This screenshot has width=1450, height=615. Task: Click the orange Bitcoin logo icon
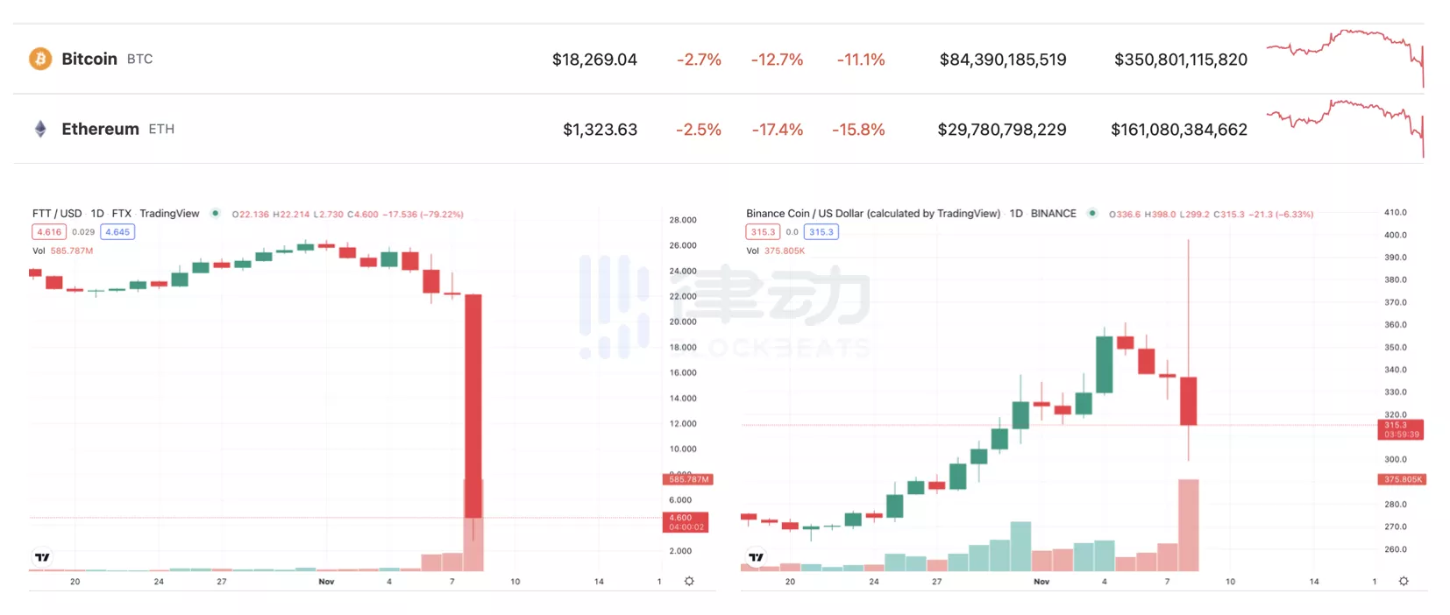point(40,59)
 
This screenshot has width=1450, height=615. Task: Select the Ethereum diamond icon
point(40,129)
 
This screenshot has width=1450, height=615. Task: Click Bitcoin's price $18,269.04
point(594,60)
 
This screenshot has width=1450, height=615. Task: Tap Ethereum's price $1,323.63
point(600,130)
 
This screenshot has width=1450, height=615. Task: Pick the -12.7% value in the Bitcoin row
point(777,60)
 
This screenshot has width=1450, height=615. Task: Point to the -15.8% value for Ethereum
point(858,130)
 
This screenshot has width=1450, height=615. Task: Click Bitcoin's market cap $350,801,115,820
point(1180,60)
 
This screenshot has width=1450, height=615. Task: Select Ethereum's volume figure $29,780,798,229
point(1001,130)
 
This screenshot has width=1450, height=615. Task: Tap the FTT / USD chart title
point(57,214)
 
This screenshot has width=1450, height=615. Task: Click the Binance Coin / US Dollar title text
point(872,214)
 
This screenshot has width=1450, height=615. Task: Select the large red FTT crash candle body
point(473,403)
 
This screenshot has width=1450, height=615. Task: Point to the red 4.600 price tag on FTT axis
point(685,522)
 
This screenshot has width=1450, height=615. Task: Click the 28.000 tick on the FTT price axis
point(683,220)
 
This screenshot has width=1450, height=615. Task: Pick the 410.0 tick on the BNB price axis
point(1395,213)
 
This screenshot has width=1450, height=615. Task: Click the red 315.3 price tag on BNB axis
point(1400,429)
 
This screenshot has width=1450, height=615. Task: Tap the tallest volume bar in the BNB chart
point(1189,524)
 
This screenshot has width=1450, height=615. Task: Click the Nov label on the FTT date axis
point(326,582)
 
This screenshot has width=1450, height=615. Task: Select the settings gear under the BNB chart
point(1404,582)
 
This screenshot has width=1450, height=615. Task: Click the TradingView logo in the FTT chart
point(42,557)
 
